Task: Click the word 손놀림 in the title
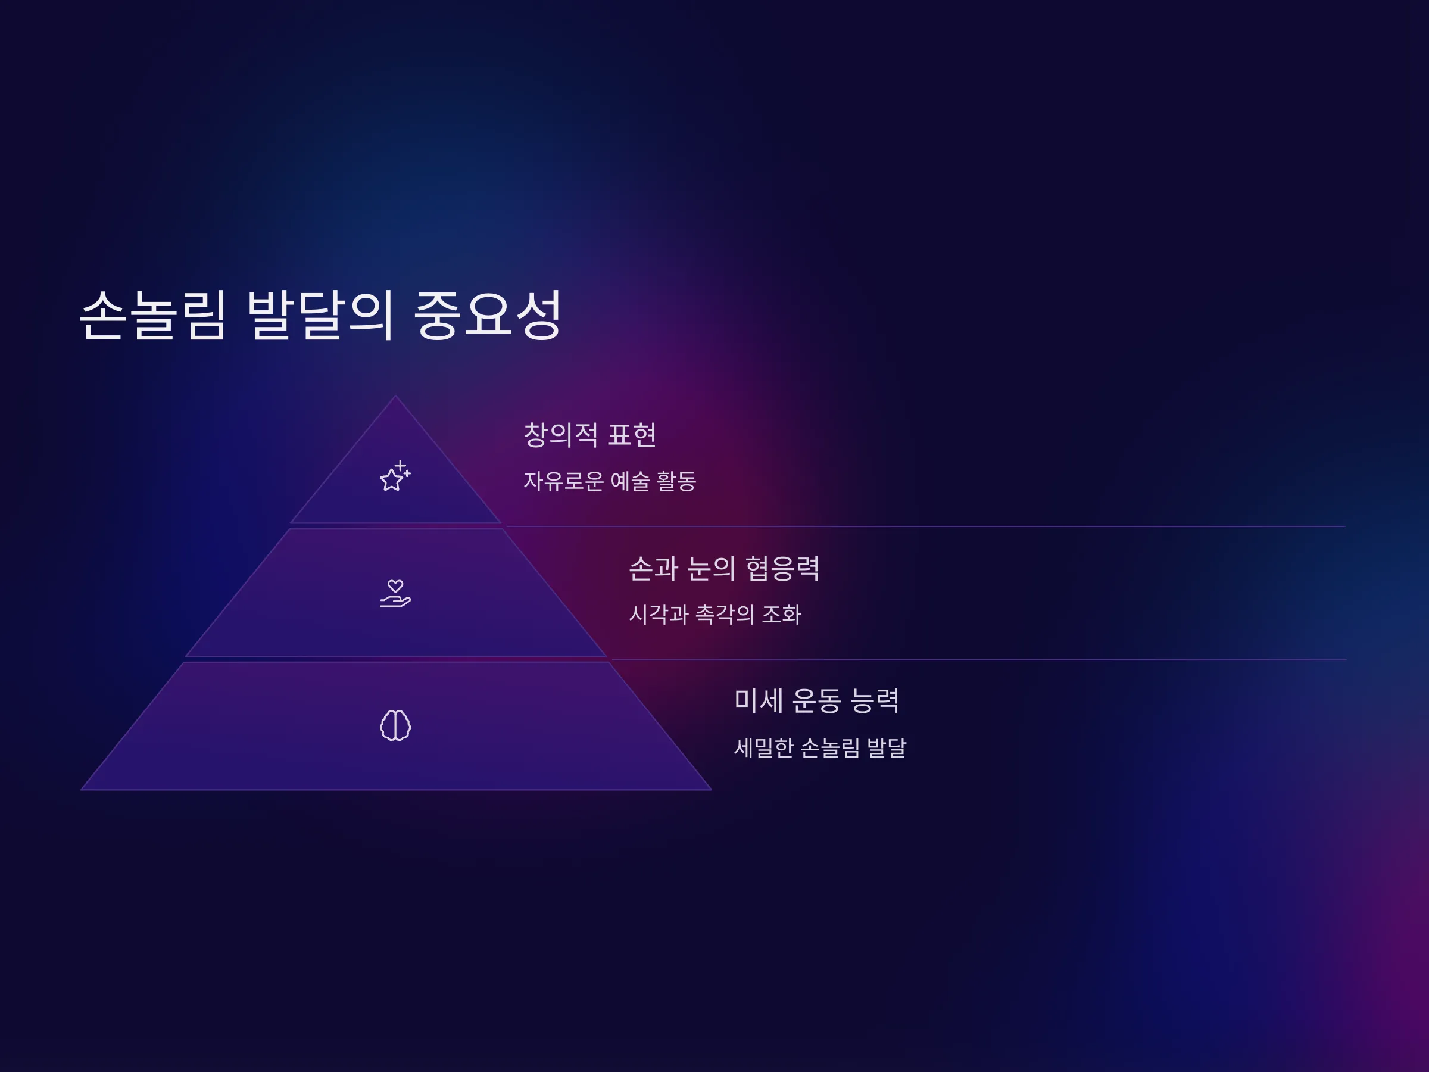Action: (153, 314)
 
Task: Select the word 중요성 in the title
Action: (488, 314)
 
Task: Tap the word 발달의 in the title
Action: (320, 314)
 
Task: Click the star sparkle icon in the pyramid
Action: (395, 476)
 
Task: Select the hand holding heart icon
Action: (395, 593)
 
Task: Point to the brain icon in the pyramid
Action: (395, 725)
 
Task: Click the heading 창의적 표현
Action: (590, 434)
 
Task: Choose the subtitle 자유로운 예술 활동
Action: (610, 481)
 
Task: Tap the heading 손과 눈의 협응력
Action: (724, 568)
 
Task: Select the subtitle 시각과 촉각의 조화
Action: (715, 614)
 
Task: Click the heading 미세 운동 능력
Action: (816, 700)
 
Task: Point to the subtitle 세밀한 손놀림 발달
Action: (820, 747)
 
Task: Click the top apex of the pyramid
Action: (395, 395)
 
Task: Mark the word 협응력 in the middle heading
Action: (782, 568)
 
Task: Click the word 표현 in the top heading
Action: (632, 434)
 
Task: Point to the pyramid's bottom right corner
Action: (712, 790)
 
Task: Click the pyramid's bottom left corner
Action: (81, 790)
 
